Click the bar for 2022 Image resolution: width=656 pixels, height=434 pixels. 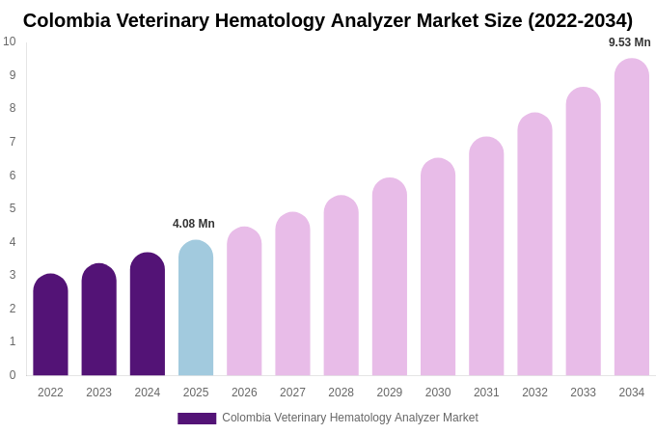point(50,325)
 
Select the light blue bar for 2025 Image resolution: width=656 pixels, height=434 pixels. point(196,309)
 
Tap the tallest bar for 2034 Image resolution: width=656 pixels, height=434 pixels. point(632,217)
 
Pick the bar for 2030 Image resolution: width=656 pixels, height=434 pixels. point(438,267)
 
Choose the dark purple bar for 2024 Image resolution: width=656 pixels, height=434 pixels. point(148,314)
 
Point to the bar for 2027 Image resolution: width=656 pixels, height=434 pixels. point(292,294)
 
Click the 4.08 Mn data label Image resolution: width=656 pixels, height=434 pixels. point(194,224)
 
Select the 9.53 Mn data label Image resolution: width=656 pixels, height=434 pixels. point(629,42)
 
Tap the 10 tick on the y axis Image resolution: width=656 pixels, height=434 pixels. point(10,41)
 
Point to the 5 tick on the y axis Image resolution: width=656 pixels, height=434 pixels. point(13,208)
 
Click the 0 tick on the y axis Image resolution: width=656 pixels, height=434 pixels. point(13,375)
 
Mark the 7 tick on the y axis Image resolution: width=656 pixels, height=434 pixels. point(13,142)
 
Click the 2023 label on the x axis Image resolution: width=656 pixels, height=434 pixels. point(98,393)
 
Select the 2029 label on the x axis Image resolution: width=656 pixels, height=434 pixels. point(390,393)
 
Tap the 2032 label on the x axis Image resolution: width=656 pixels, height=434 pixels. point(534,393)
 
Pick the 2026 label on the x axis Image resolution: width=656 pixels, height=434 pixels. point(244,393)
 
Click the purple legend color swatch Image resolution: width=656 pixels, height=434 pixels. point(197,419)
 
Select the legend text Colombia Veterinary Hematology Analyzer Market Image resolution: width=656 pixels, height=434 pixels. point(350,418)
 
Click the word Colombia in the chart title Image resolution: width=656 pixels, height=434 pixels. point(67,20)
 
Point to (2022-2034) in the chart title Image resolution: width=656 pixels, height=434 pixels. point(580,20)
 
